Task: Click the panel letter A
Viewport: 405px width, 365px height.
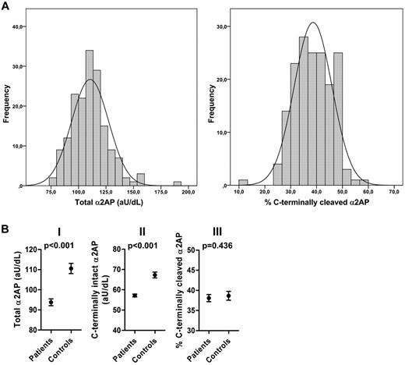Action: (6, 6)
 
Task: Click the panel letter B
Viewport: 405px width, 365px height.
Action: (6, 232)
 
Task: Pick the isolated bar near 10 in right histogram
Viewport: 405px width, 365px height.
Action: (244, 183)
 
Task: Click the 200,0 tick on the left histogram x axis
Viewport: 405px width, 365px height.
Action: (188, 194)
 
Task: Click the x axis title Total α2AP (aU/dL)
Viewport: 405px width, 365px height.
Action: (114, 207)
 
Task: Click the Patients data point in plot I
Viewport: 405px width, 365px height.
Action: (72, 302)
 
